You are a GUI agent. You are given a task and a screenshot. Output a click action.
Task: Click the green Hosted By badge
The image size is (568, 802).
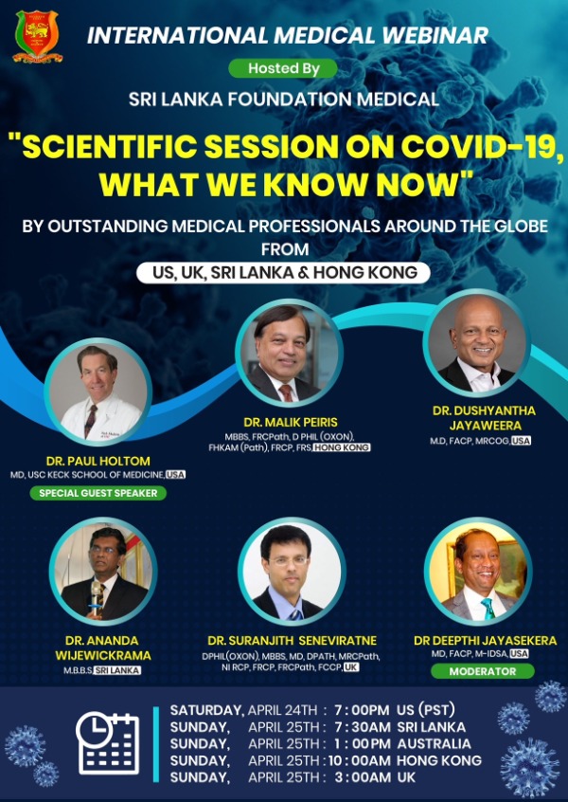[x=282, y=68]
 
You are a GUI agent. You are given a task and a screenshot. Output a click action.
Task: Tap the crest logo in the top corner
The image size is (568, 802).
[x=39, y=37]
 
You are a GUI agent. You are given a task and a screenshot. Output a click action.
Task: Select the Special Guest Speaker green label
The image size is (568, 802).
[x=98, y=493]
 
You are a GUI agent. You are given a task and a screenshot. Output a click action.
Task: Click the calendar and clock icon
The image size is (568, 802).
[x=107, y=741]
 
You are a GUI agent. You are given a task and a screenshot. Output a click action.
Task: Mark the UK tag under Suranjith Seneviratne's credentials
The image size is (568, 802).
[x=351, y=667]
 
